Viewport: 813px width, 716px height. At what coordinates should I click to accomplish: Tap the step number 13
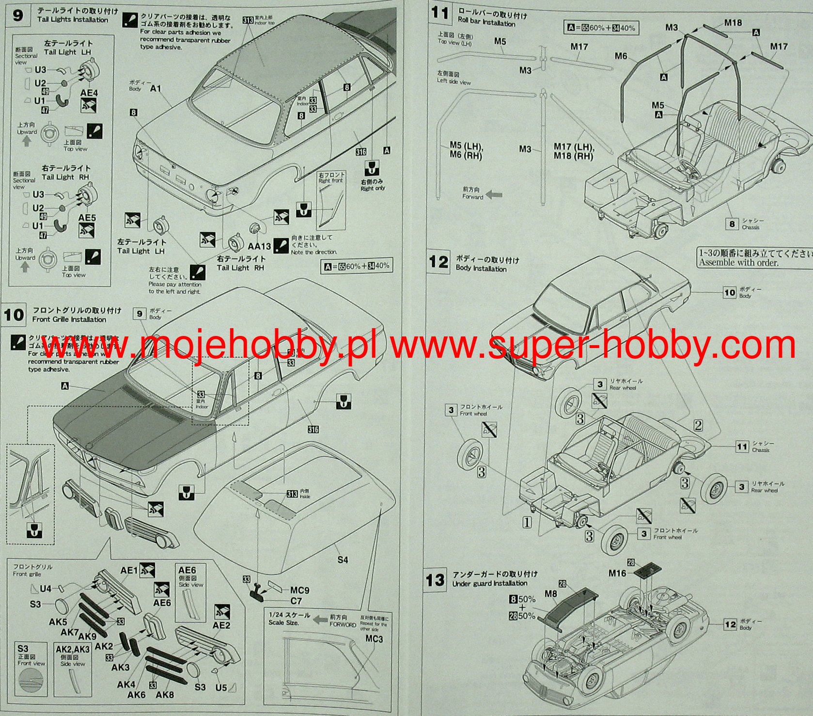pos(435,580)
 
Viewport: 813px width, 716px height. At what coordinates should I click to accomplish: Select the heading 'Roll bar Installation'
pos(486,23)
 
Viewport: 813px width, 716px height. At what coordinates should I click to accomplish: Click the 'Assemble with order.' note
pos(738,263)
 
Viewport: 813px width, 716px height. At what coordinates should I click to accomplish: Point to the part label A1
pos(156,89)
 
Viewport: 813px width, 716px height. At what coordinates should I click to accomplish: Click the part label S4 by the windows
pos(343,560)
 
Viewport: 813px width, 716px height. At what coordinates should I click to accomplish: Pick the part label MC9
pos(299,590)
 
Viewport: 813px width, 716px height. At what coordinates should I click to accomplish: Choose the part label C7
pos(296,601)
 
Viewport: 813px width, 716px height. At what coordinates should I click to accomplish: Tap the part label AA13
pos(259,246)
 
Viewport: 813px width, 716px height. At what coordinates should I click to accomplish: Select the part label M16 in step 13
pos(617,573)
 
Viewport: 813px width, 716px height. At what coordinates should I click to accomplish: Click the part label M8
pos(551,594)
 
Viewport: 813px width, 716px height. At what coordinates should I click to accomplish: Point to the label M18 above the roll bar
pos(733,23)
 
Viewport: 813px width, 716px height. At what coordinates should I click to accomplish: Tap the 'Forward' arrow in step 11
pos(494,194)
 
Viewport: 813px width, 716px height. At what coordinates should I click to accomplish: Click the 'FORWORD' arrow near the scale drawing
pos(320,619)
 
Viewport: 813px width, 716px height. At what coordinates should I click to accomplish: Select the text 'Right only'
pos(372,188)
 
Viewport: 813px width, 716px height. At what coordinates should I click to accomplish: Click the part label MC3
pos(374,639)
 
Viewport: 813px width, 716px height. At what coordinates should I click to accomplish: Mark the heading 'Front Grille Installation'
pos(69,319)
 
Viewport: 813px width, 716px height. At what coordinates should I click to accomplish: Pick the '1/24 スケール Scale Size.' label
pos(289,619)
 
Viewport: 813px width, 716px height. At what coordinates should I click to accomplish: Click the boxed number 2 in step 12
pos(698,426)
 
